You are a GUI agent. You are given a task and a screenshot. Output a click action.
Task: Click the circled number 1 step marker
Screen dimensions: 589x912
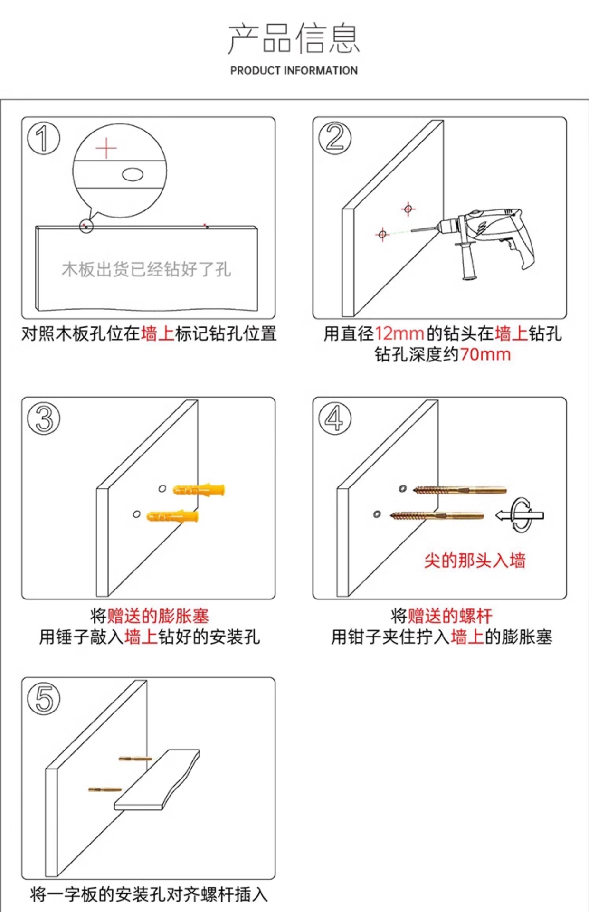[x=44, y=138]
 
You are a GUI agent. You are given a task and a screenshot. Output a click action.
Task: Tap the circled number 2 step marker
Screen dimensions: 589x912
[x=335, y=138]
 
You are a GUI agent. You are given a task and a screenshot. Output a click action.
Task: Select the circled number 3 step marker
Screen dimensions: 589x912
[x=44, y=418]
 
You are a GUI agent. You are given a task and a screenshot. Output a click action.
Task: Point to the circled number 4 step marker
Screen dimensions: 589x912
[x=335, y=418]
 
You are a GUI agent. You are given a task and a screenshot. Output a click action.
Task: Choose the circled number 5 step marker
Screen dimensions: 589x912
[x=44, y=699]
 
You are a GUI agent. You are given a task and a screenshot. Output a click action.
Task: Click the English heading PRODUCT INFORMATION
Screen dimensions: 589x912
[x=294, y=70]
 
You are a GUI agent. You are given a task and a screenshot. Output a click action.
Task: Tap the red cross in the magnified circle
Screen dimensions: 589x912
[x=106, y=148]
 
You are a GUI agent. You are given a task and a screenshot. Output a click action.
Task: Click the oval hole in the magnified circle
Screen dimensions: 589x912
[x=133, y=174]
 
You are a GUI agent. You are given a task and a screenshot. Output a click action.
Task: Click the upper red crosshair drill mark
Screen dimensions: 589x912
[x=408, y=208]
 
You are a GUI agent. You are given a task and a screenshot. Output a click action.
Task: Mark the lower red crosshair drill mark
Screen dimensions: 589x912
[x=382, y=234]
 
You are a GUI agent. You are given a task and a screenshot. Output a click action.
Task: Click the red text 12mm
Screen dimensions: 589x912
[x=399, y=333]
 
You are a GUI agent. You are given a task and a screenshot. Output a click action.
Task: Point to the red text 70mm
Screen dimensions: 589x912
[x=485, y=354]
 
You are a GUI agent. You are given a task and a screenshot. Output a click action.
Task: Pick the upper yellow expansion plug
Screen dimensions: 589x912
[x=199, y=489]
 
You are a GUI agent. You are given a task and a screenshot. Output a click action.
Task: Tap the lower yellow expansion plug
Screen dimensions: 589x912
[x=172, y=516]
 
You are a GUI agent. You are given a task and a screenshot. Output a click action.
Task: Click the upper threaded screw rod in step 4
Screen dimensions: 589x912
[x=460, y=490]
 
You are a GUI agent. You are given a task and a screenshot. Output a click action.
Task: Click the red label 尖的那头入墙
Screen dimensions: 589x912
[x=475, y=560]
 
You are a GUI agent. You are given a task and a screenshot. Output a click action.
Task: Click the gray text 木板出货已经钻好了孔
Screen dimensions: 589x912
[x=146, y=269]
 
